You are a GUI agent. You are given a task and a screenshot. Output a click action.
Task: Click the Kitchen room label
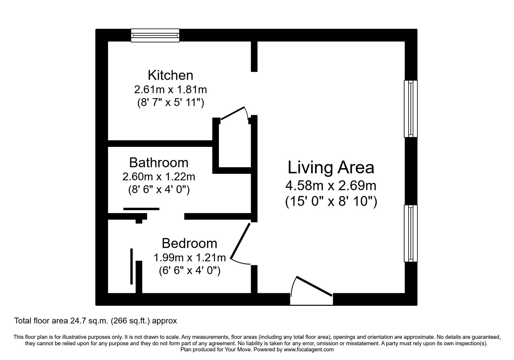(x=170, y=75)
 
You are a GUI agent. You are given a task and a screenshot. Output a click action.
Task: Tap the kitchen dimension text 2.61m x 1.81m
(x=170, y=89)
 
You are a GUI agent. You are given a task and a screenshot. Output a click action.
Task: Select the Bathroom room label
(x=159, y=163)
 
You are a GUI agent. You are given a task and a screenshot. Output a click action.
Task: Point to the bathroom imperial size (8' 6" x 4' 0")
(x=159, y=190)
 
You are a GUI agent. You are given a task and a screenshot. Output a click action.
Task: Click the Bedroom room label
(x=189, y=243)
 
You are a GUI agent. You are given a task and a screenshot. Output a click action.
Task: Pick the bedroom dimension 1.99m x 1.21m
(x=190, y=257)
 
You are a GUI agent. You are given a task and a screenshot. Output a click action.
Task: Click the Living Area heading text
(x=331, y=168)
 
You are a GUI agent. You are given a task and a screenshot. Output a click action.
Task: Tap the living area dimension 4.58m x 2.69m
(x=331, y=185)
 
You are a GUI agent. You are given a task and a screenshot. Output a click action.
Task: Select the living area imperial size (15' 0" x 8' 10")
(x=331, y=202)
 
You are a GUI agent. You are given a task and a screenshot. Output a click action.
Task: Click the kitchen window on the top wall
(x=155, y=35)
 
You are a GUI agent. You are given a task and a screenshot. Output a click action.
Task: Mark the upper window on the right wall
(x=411, y=109)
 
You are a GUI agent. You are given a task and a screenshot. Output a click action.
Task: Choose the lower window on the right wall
(x=411, y=233)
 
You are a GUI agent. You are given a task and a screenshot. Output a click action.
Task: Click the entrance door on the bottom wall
(x=314, y=286)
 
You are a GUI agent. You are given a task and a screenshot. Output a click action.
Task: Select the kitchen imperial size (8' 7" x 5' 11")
(x=170, y=103)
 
